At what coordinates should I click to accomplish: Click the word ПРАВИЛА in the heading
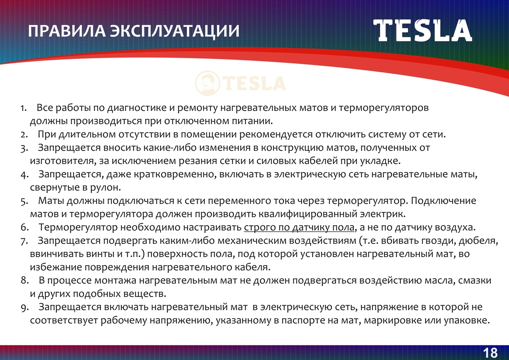67,31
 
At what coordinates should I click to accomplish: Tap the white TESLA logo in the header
423,31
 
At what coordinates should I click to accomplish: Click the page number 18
490,353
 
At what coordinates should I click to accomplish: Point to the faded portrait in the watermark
208,83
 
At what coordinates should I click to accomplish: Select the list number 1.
23,108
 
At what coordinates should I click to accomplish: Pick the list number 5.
24,201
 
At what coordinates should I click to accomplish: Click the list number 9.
25,308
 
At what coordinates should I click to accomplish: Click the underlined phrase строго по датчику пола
299,228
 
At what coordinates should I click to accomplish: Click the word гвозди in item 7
438,241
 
